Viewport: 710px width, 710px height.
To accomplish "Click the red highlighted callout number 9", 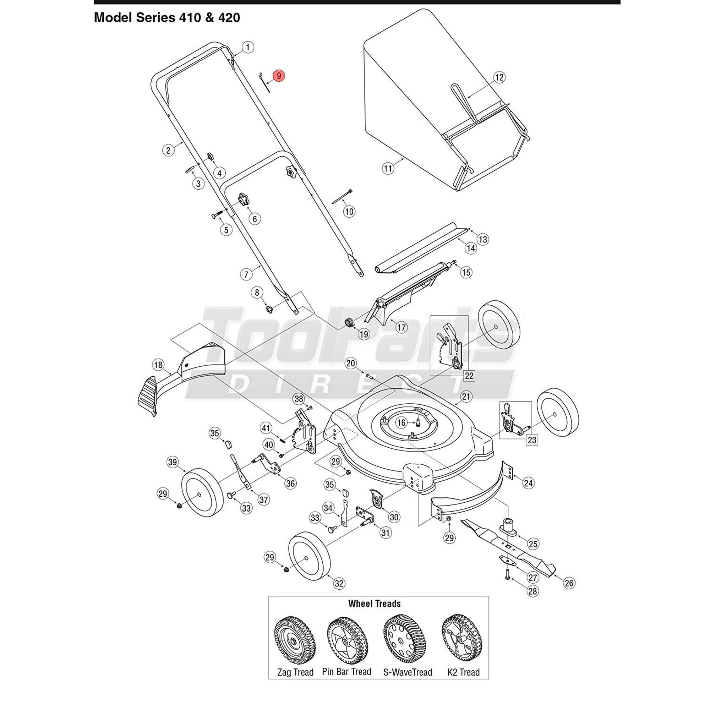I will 279,76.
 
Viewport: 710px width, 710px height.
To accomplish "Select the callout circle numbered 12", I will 499,77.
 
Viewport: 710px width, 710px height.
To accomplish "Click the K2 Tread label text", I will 463,672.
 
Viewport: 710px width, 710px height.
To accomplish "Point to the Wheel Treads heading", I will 374,603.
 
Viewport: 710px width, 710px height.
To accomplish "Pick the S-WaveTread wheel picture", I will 407,639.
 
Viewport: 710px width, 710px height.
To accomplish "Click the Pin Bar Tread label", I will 346,672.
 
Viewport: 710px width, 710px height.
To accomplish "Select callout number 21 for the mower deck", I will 466,397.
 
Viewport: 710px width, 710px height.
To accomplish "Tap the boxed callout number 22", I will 469,376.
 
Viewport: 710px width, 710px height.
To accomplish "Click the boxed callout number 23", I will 532,439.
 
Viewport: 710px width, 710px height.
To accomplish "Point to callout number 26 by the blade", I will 569,583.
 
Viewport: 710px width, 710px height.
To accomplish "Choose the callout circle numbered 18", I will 158,365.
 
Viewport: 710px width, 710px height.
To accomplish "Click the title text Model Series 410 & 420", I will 167,18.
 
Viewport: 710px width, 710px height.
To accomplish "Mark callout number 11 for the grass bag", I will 388,168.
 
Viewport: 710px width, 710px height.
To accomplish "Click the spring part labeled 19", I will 350,322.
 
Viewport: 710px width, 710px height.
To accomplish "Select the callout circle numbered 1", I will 248,47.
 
